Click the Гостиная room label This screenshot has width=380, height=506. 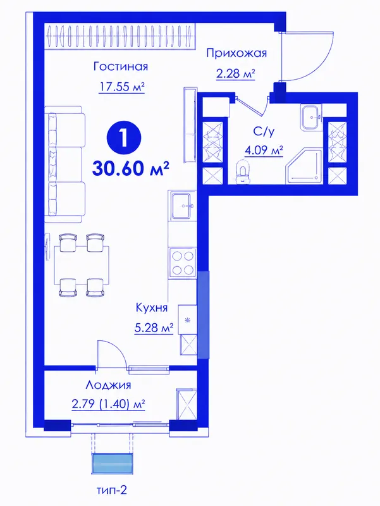(x=121, y=66)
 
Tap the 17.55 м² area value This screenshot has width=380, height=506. (x=121, y=87)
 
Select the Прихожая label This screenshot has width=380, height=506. (x=236, y=52)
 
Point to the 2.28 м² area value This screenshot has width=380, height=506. (x=236, y=74)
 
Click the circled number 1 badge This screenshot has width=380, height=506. (x=124, y=138)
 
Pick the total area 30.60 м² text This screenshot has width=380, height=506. (x=131, y=168)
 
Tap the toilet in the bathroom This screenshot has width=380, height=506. (x=242, y=171)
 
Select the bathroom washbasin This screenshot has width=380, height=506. (x=311, y=118)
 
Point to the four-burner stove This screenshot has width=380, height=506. (x=183, y=263)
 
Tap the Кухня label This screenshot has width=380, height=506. (x=152, y=308)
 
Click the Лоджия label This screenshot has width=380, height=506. (x=108, y=385)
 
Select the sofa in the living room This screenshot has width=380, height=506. (x=64, y=164)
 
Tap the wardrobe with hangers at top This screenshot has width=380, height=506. (x=121, y=37)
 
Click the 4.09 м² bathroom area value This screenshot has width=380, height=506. (x=264, y=150)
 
